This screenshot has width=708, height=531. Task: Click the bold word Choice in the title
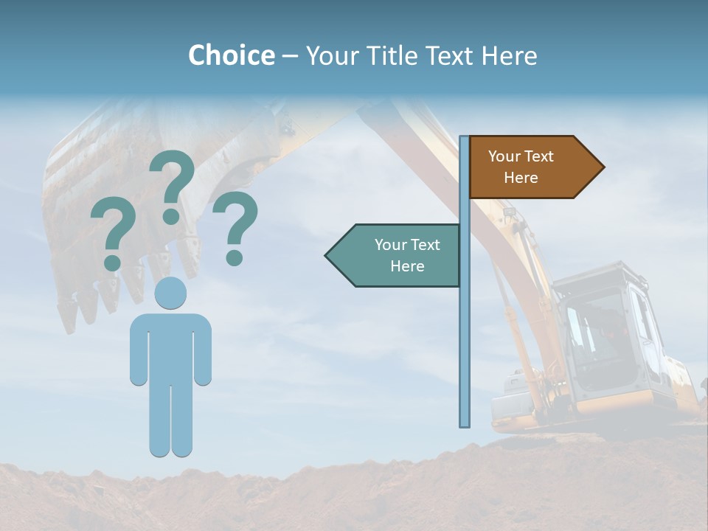(x=231, y=55)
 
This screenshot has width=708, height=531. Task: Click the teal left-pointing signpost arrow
(x=395, y=255)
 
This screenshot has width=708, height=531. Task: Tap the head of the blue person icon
(x=170, y=293)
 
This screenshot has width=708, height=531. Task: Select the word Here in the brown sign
(x=521, y=178)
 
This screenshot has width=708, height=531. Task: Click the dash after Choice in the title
(x=290, y=56)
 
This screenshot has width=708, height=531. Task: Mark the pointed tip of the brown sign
(x=603, y=167)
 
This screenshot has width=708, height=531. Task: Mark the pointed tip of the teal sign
(x=326, y=255)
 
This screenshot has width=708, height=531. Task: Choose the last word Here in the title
(x=509, y=55)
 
